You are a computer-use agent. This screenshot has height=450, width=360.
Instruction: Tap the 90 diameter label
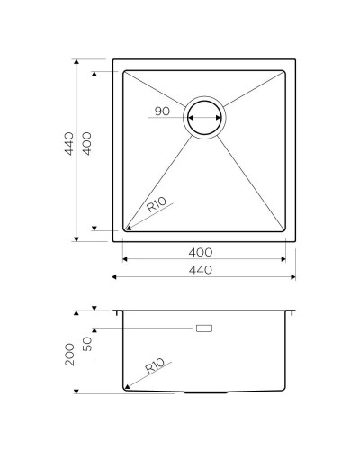(162, 111)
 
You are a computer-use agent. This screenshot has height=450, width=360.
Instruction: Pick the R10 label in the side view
(155, 367)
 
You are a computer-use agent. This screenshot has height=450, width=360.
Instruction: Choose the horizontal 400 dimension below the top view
(202, 252)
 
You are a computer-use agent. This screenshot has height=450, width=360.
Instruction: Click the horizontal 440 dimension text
(202, 270)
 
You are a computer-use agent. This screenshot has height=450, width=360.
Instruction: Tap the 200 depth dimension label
(67, 354)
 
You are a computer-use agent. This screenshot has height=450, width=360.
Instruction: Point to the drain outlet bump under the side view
(205, 393)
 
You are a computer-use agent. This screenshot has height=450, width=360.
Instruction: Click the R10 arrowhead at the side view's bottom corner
(131, 388)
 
